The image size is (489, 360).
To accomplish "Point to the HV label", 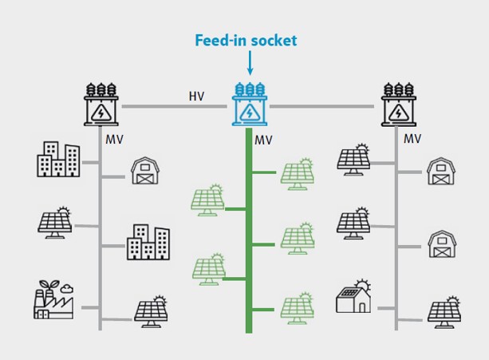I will tap(196, 97).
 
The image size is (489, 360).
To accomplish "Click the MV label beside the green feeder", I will tap(264, 140).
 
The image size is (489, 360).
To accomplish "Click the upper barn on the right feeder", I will tap(440, 170).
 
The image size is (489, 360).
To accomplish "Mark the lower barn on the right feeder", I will tap(440, 242).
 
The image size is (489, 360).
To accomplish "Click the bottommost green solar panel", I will tap(297, 309).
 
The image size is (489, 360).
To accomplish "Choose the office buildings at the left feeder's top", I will tap(58, 160).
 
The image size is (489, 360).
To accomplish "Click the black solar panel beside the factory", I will tap(150, 312).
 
